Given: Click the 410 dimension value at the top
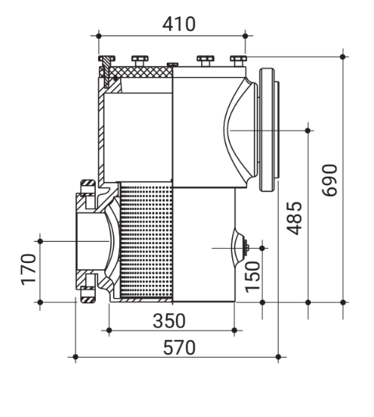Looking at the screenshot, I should click(x=178, y=24).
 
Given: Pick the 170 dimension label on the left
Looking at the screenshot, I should click(x=29, y=269).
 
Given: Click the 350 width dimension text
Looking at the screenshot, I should click(x=169, y=319).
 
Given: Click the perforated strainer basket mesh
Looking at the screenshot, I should click(x=144, y=241).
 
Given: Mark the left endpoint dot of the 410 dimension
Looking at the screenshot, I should click(x=97, y=35).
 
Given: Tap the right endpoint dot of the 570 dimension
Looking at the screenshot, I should click(x=278, y=357).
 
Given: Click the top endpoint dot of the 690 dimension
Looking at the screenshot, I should click(x=343, y=55).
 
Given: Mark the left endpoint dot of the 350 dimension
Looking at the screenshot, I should click(x=108, y=330).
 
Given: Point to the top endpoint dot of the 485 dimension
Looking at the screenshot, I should click(x=309, y=129).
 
